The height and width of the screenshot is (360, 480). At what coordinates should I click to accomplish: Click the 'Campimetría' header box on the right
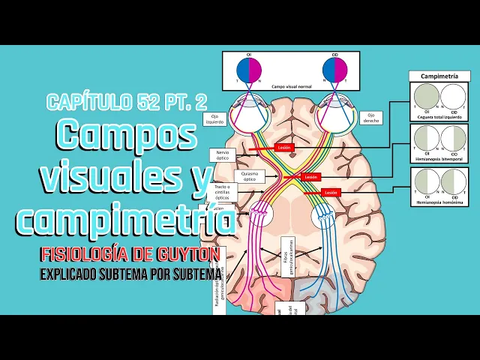tap(439, 76)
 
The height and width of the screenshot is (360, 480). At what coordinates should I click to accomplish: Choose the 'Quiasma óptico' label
tap(249, 175)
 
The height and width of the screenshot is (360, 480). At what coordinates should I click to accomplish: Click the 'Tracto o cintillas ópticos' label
tap(221, 192)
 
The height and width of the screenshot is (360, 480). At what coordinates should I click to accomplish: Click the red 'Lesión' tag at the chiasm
tap(311, 177)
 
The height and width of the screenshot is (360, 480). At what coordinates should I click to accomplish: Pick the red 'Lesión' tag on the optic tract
tap(331, 192)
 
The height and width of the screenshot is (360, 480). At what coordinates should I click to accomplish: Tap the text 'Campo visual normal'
tap(291, 87)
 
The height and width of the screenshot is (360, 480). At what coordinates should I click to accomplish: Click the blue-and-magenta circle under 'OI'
tap(248, 69)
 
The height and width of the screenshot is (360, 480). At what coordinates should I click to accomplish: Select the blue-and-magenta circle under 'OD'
tap(334, 69)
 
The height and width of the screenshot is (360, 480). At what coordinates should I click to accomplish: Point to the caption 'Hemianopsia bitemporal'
tap(439, 160)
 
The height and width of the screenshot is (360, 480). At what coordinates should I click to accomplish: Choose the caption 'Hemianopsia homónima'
tap(439, 203)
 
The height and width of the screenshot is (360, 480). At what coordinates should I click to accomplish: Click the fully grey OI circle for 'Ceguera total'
tap(425, 97)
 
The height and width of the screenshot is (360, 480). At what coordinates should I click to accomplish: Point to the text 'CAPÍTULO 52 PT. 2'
tap(126, 101)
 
